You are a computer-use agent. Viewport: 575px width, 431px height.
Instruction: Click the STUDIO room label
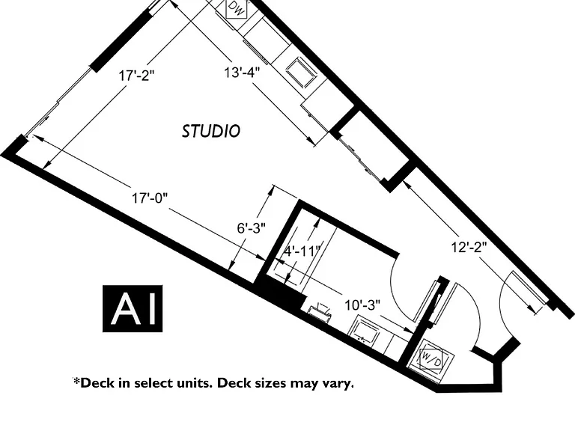211,131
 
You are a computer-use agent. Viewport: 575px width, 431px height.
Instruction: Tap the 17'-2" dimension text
136,76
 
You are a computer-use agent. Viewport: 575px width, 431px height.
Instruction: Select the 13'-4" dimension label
242,73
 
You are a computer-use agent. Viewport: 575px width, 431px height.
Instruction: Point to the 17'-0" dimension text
150,198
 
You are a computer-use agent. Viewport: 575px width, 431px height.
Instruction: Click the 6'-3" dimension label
252,228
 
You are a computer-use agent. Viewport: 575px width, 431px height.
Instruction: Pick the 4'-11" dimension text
303,251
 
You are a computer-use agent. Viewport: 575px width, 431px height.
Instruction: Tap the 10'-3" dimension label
362,305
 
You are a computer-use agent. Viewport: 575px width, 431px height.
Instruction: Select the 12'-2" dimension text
469,248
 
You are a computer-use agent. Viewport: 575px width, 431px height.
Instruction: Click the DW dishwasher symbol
237,8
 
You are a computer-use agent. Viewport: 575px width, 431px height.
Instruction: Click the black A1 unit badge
133,308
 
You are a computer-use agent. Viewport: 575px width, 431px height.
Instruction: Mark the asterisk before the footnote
76,381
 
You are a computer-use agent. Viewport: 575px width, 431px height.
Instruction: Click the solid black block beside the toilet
282,291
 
